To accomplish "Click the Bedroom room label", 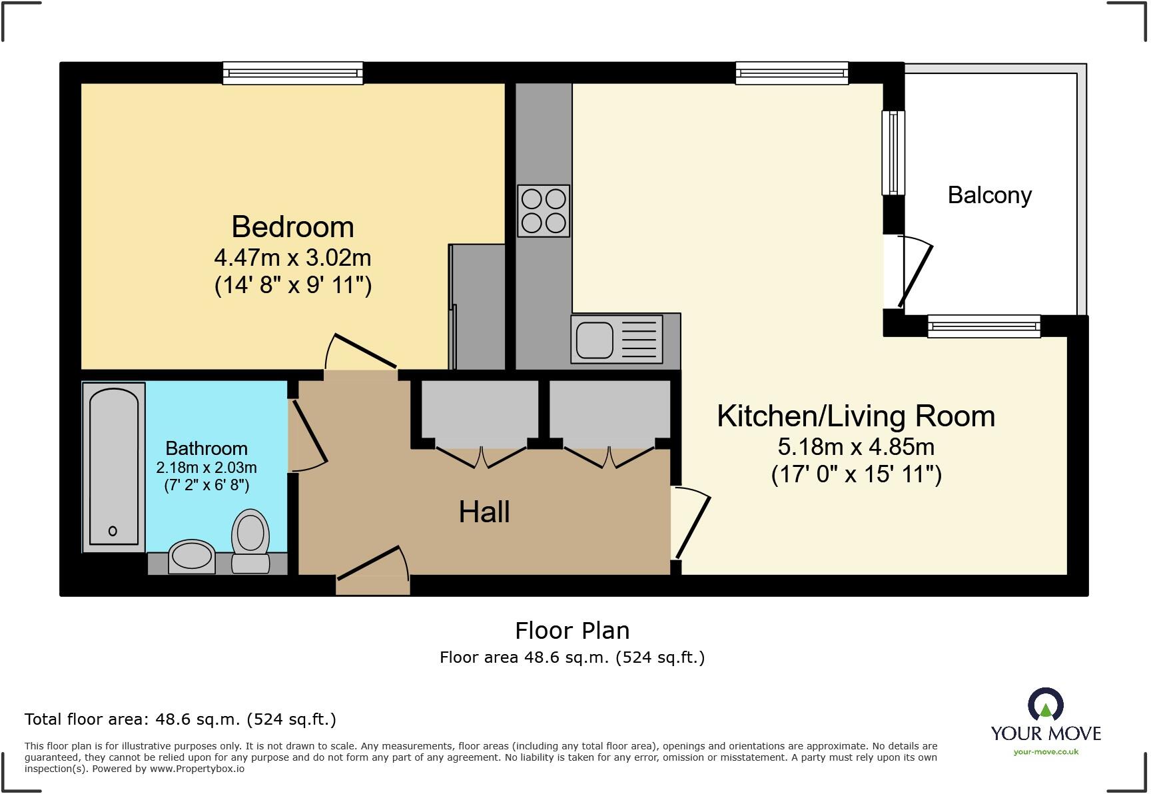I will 292,227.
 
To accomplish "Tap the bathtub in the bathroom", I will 113,466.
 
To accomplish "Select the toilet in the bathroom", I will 250,540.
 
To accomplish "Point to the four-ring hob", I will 544,210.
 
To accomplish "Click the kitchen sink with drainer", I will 617,339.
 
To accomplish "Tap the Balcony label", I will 989,195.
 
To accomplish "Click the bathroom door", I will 308,433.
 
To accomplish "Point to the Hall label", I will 484,512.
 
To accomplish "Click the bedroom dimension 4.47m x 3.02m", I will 292,258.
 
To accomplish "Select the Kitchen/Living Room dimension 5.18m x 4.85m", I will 856,446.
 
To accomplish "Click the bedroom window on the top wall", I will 292,73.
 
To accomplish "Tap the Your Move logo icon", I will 1046,705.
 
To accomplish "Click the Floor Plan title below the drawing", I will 572,630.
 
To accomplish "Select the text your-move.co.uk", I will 1046,752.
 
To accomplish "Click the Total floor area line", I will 180,719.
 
